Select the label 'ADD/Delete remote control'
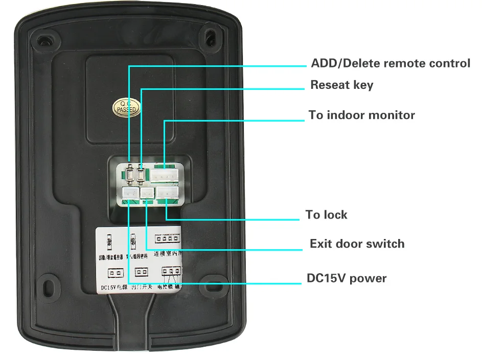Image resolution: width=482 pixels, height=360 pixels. point(391,64)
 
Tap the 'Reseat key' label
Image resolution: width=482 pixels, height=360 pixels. point(342,85)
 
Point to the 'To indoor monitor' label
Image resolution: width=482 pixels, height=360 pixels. point(362,115)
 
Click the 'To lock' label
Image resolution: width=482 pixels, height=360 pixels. point(327,214)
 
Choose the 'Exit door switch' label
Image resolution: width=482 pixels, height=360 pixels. point(357,244)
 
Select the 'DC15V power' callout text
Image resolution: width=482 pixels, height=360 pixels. point(347,279)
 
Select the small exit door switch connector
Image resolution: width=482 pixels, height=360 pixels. point(147,194)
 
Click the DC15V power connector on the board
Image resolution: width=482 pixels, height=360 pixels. point(128,194)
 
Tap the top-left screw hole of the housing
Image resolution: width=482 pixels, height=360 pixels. point(46,39)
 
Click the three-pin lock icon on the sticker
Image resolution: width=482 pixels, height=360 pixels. point(170,271)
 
